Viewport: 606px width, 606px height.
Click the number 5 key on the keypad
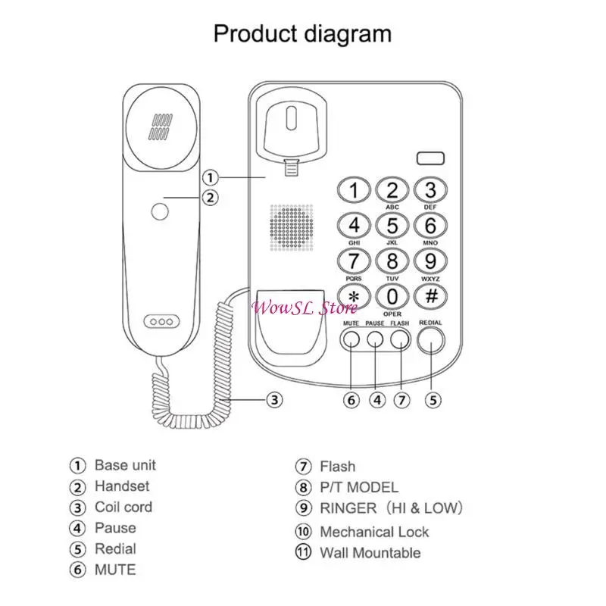[x=392, y=225]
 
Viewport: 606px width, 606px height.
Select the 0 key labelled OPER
[x=392, y=296]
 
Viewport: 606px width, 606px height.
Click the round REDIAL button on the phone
[x=431, y=340]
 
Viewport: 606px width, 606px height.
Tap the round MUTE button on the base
[x=351, y=339]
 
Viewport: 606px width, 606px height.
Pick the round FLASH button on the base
[x=400, y=339]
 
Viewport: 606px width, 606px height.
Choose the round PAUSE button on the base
[x=376, y=339]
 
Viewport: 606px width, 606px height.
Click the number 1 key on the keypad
[x=354, y=189]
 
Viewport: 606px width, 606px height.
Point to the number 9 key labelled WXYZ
[x=430, y=261]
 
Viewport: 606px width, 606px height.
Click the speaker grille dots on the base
[x=292, y=226]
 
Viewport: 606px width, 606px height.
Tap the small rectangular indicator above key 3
[x=430, y=159]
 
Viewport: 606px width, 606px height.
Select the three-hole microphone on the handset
[x=161, y=321]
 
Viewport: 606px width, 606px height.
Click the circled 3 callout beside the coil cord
[x=275, y=400]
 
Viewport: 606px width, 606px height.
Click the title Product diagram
[x=302, y=33]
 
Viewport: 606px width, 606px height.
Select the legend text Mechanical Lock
[x=374, y=532]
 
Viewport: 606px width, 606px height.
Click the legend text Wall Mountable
[x=370, y=552]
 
